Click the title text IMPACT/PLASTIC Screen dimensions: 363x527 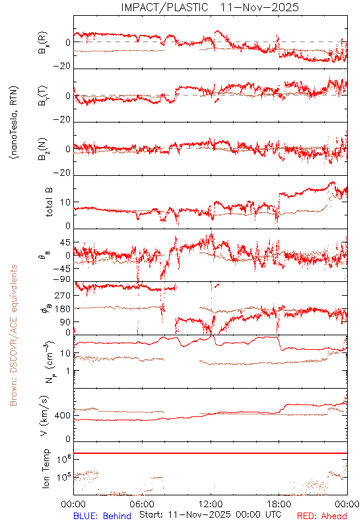164,7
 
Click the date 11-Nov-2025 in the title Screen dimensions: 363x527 259,7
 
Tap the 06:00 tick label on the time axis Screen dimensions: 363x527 142,504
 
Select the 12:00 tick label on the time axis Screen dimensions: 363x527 211,504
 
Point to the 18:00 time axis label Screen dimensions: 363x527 279,504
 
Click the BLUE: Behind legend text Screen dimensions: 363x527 102,516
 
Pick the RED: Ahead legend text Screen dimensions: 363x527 322,516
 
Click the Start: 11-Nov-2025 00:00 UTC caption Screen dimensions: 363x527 211,514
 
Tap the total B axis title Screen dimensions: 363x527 49,202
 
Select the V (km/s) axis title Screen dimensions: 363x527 45,416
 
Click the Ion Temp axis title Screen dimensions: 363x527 46,468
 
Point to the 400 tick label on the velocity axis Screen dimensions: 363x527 63,416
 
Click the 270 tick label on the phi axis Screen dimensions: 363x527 63,296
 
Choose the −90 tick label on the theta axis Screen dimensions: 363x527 62,279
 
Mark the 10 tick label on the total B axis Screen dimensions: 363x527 65,202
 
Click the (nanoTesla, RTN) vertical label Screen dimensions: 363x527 14,123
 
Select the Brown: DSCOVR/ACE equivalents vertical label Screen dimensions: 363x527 13,335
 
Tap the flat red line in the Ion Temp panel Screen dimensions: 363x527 211,453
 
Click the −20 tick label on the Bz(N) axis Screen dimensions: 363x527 62,173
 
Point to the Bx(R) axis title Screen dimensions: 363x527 43,43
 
